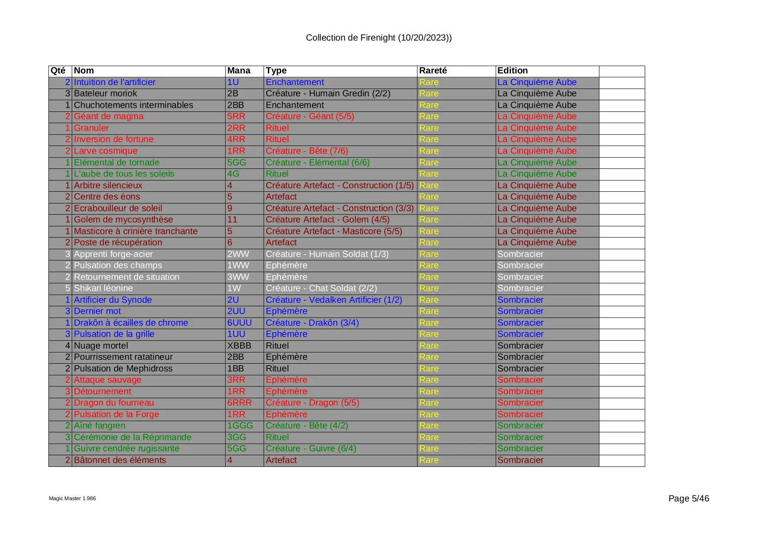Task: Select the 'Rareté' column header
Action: coord(433,71)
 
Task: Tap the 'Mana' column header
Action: coord(239,71)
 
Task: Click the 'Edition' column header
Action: coord(513,71)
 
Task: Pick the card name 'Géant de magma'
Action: coord(108,117)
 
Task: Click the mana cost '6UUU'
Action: coord(239,323)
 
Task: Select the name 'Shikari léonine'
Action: coord(103,289)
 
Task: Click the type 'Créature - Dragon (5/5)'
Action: coord(312,403)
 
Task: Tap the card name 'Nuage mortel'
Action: coord(101,346)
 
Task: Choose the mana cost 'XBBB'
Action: coord(239,346)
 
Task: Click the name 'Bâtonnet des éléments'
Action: coord(120,460)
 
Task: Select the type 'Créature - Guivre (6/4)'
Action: coord(311,449)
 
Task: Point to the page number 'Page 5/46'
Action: coord(688,499)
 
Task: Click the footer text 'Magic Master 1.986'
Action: coord(72,498)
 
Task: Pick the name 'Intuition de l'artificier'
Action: coord(115,82)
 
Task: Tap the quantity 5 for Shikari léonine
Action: coord(67,289)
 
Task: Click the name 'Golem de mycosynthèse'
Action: coord(123,220)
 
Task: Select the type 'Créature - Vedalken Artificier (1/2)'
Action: coord(334,300)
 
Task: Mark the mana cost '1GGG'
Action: coord(240,426)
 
